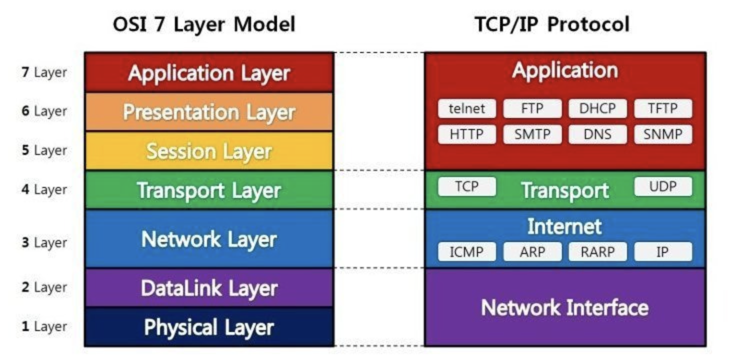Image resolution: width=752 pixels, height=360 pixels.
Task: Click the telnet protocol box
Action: (467, 108)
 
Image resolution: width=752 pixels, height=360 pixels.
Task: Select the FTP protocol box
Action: (532, 108)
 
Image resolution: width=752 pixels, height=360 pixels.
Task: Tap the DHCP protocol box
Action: (597, 108)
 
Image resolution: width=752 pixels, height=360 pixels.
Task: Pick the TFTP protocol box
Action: (663, 108)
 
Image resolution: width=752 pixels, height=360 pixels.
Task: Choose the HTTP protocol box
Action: (467, 134)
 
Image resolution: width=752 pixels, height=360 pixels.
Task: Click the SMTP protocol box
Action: (532, 134)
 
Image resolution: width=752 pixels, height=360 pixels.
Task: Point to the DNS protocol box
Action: (597, 134)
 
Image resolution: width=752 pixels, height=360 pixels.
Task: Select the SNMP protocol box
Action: (663, 134)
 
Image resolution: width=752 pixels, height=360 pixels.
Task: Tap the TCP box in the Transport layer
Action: (467, 186)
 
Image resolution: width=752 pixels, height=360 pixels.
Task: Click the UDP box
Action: (663, 186)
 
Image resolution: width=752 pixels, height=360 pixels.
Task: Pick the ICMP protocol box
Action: (467, 251)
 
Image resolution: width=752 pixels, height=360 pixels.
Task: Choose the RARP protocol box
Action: (597, 251)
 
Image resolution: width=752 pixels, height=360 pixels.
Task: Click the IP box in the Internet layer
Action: (663, 251)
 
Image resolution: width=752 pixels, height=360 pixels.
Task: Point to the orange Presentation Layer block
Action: (209, 112)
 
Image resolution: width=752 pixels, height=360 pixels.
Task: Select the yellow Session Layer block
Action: (209, 151)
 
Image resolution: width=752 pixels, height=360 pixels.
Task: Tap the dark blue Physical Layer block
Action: (209, 327)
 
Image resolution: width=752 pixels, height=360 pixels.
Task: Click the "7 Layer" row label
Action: (44, 72)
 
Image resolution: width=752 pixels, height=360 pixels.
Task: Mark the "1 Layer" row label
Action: (44, 326)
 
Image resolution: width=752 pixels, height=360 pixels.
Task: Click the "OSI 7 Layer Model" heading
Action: (204, 24)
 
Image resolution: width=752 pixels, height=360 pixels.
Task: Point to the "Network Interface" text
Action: (564, 307)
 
